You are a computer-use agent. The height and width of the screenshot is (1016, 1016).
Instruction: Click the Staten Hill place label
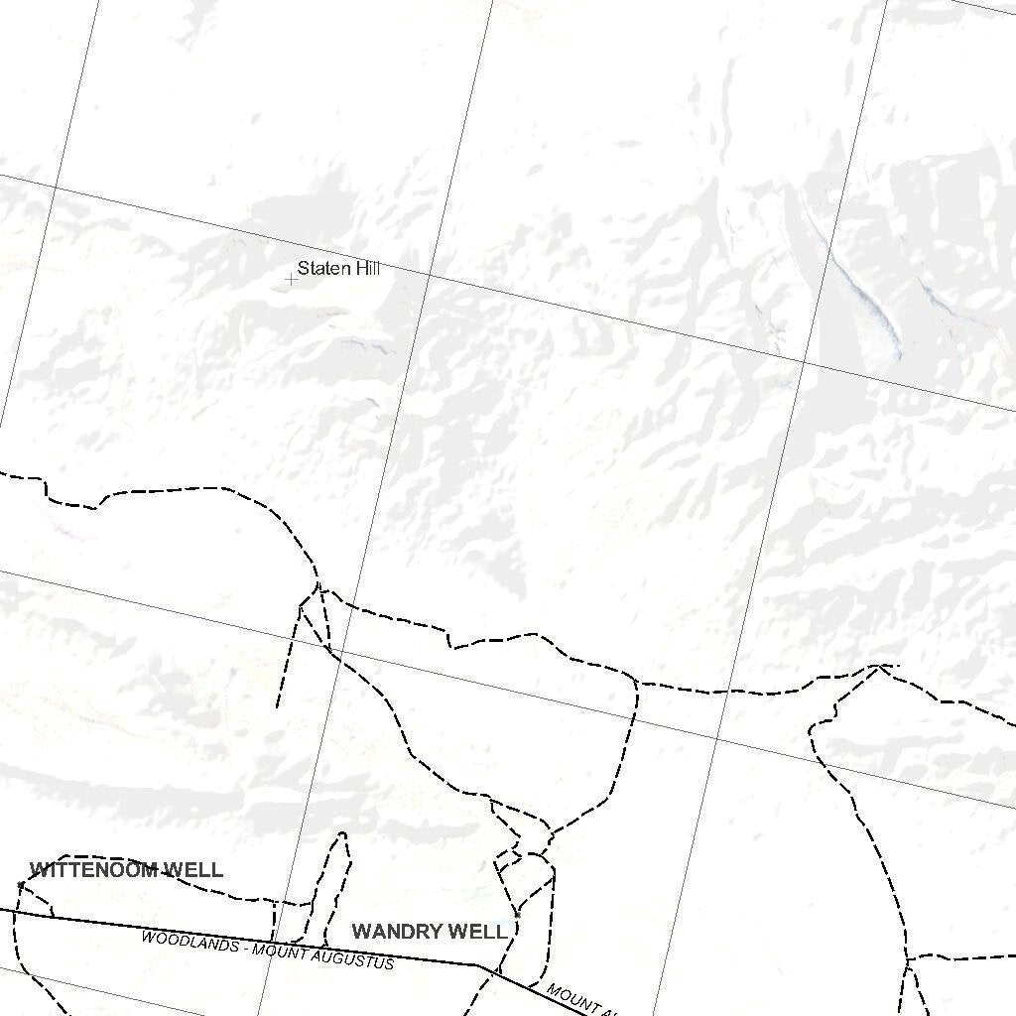click(x=338, y=269)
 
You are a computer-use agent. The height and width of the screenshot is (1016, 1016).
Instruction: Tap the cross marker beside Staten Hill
click(x=291, y=280)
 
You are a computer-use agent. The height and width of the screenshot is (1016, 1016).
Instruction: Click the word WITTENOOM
click(x=93, y=870)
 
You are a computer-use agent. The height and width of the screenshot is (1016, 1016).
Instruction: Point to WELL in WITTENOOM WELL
click(x=193, y=870)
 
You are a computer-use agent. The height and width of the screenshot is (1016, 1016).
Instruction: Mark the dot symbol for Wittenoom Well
click(x=21, y=883)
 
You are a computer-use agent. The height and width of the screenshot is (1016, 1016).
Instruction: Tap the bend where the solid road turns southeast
click(x=479, y=964)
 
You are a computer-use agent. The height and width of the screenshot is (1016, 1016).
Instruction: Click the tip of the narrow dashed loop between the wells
click(x=343, y=834)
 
